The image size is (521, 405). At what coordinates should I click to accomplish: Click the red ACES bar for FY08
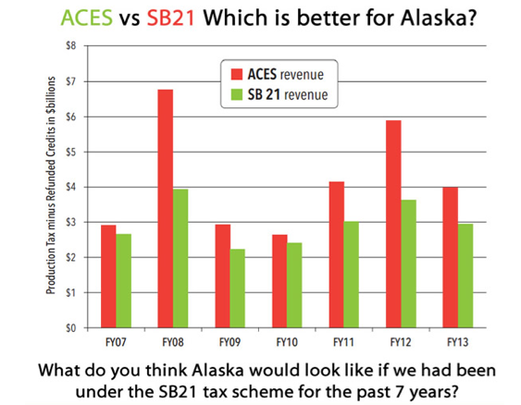point(166,209)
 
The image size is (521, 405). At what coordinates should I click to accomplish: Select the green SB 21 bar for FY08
point(180,259)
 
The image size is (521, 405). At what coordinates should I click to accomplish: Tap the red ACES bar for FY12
point(393,224)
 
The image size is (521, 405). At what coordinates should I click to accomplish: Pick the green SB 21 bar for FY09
point(238,288)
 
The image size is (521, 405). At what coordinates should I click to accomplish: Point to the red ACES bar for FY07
point(108,276)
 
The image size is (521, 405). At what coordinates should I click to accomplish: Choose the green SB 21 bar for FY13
point(465,276)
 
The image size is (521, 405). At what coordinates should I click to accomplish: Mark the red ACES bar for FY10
point(279,281)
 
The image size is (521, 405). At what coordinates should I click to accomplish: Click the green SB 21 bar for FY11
point(352,275)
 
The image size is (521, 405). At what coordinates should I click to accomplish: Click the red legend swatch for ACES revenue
point(237,74)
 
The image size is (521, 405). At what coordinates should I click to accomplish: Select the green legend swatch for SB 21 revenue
point(237,94)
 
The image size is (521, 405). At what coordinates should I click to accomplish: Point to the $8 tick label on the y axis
point(71,45)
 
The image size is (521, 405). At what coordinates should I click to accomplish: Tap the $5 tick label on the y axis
point(71,152)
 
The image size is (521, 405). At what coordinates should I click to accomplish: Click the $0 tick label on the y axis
point(71,328)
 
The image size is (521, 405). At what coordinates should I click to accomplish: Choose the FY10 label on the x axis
point(287,342)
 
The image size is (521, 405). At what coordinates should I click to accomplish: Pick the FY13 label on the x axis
point(457,342)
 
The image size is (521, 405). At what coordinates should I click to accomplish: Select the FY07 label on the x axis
point(116,342)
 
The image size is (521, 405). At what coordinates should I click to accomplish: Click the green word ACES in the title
point(87,18)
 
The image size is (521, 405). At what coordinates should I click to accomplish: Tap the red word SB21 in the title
point(171,18)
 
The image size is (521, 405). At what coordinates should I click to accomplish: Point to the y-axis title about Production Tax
point(51,185)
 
